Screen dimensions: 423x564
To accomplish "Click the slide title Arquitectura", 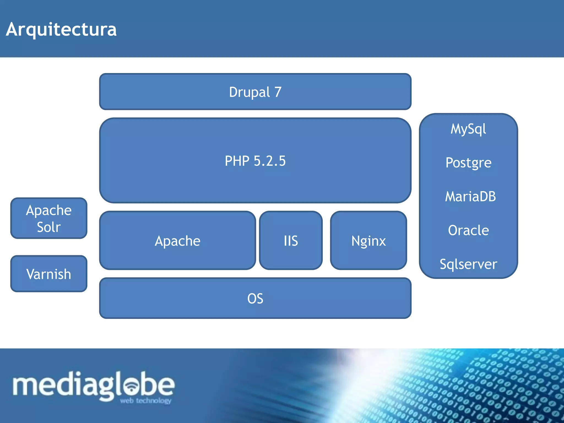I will pyautogui.click(x=61, y=29).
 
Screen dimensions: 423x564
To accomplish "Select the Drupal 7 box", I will pyautogui.click(x=255, y=92).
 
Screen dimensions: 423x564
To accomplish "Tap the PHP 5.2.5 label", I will pyautogui.click(x=255, y=161).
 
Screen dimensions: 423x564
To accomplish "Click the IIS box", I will pyautogui.click(x=291, y=240).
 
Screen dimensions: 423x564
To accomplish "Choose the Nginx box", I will pyautogui.click(x=368, y=240).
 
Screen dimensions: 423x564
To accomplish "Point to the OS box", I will pyautogui.click(x=255, y=298).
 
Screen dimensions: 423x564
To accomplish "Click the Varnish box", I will pyautogui.click(x=49, y=274).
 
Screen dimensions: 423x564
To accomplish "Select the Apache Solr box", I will pyautogui.click(x=49, y=218).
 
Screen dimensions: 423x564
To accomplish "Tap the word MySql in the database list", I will pyautogui.click(x=468, y=129).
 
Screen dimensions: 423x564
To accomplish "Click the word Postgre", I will pyautogui.click(x=468, y=162).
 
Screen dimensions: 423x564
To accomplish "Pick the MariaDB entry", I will pyautogui.click(x=470, y=196).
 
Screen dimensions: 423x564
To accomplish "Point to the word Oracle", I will pyautogui.click(x=468, y=230).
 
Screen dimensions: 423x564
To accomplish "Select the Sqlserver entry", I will pyautogui.click(x=468, y=264).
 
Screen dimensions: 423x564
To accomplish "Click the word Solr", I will pyautogui.click(x=49, y=227).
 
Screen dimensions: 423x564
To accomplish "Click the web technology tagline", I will pyautogui.click(x=145, y=401).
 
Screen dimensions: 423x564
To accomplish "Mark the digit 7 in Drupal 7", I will pyautogui.click(x=278, y=92).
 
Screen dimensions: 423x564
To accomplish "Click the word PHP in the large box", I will pyautogui.click(x=237, y=161).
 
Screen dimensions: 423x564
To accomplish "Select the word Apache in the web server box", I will pyautogui.click(x=177, y=241).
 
